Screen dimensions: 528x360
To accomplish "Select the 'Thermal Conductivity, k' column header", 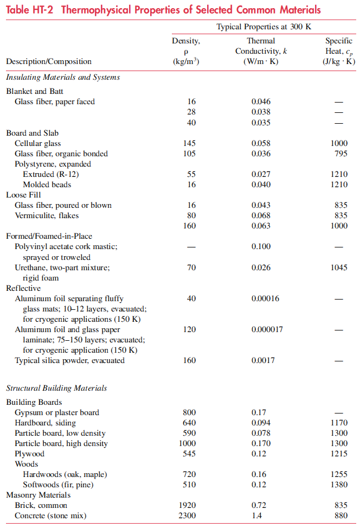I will [x=261, y=51].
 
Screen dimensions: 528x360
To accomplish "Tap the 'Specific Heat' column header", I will [x=339, y=51].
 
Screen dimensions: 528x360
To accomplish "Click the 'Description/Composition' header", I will [x=49, y=61].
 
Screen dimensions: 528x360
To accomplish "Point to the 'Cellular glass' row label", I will [x=37, y=143].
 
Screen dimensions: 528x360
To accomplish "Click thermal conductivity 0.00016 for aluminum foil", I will [x=265, y=298].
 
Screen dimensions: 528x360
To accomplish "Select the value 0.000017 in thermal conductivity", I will [x=267, y=329].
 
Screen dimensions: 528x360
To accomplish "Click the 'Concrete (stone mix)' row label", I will [x=52, y=516].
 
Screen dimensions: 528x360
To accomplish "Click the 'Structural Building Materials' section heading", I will [x=56, y=388].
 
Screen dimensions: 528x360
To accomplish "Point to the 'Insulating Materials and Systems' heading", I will [x=63, y=77].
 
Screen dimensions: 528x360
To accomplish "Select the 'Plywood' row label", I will [x=30, y=454].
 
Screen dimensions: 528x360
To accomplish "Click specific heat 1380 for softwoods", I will [x=339, y=485].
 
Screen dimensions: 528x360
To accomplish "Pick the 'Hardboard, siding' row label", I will [x=45, y=423].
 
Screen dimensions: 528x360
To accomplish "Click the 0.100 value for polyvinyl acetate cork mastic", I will [x=261, y=247].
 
